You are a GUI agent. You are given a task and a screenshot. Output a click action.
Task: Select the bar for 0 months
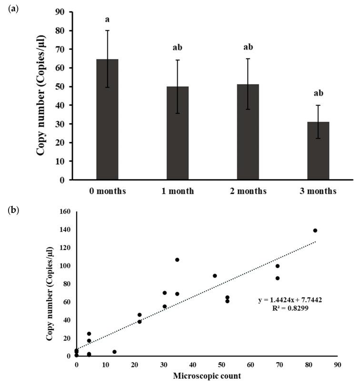(107, 119)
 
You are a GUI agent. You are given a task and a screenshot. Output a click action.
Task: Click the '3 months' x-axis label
(318, 191)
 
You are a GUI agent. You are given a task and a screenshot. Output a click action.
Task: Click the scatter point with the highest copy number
(315, 230)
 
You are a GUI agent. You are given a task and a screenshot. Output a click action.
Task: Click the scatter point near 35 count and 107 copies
(177, 260)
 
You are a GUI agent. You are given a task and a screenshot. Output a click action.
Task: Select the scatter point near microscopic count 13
(114, 352)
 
